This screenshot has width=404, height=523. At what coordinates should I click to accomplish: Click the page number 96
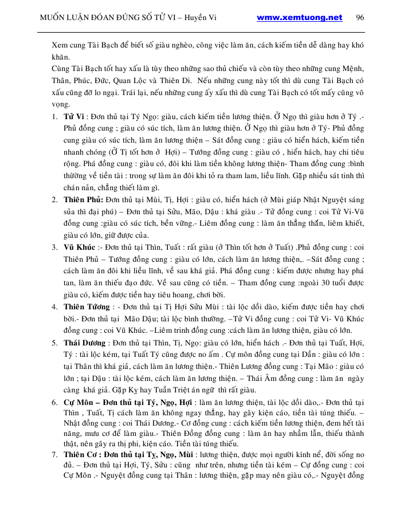pos(360,17)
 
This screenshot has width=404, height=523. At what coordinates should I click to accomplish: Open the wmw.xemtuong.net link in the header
pos(299,17)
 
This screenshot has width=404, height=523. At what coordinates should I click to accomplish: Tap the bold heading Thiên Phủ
pos(83,199)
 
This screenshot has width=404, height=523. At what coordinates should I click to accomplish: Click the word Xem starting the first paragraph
pos(60,45)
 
